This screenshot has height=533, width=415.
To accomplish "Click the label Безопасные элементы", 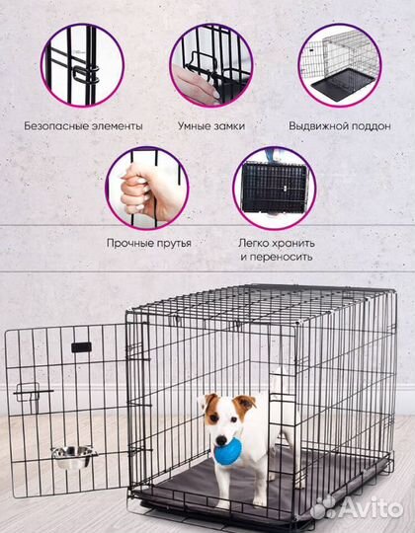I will [x=84, y=126].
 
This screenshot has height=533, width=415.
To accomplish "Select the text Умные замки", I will [x=210, y=126].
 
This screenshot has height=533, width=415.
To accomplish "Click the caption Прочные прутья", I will [x=147, y=242].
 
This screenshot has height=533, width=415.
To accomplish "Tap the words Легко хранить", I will [x=276, y=242].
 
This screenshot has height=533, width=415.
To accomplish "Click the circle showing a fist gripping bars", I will [x=147, y=188].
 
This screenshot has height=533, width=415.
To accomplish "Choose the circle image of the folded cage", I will [x=275, y=188].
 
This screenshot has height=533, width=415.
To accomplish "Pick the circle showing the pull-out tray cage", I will [x=339, y=65].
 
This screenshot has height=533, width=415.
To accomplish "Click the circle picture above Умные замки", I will [x=210, y=65].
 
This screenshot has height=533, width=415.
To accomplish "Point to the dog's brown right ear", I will [x=244, y=402].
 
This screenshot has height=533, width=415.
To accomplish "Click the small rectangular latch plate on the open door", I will [x=81, y=347].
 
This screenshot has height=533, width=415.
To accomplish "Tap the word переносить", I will [x=276, y=257].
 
